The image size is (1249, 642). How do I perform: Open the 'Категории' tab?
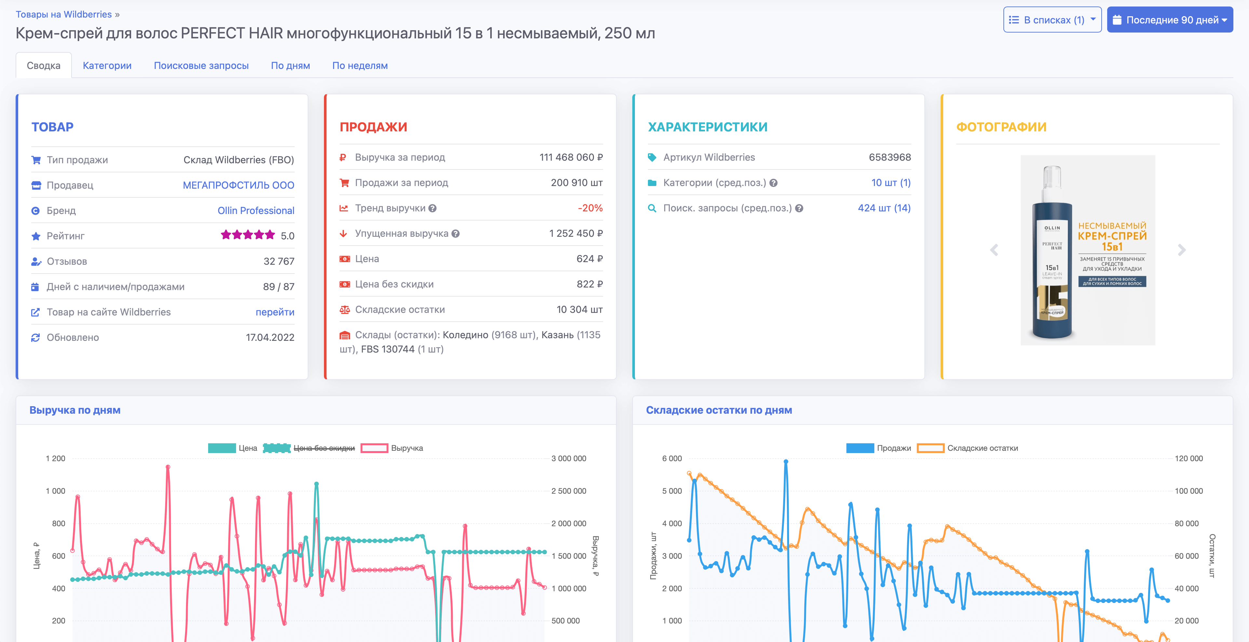click(107, 65)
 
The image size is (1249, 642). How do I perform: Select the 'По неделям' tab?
click(360, 65)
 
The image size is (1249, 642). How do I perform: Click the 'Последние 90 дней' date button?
click(1170, 20)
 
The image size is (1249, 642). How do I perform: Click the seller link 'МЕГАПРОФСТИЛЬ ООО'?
click(238, 185)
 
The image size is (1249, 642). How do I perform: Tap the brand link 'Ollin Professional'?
click(256, 210)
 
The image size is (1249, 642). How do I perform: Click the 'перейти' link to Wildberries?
click(275, 312)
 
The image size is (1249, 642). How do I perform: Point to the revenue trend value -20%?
click(590, 208)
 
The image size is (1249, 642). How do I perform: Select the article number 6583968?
click(889, 157)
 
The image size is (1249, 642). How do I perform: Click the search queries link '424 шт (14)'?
click(884, 208)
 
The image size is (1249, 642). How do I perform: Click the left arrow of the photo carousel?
click(994, 250)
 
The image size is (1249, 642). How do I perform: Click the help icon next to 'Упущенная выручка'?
click(455, 234)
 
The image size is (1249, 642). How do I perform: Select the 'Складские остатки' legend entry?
click(982, 448)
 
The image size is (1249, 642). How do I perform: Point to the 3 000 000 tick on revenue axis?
click(568, 459)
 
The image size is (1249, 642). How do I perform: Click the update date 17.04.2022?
click(270, 338)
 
